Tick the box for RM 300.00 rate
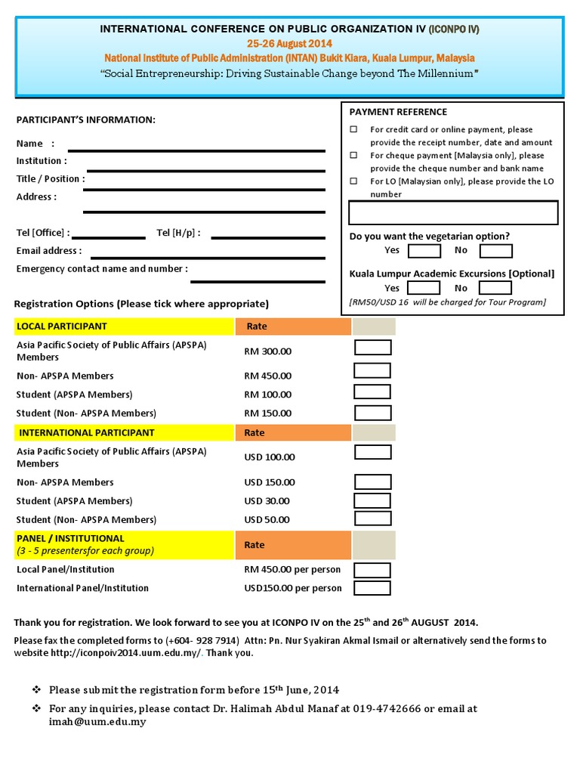coord(373,348)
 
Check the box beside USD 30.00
coord(372,500)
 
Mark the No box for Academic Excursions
coord(495,288)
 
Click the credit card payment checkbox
coord(353,130)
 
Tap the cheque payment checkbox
coord(353,156)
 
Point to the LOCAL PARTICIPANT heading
coord(63,327)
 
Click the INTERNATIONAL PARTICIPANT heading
coord(86,433)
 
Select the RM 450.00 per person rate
coord(292,569)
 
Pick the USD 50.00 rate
coord(267,520)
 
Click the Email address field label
coord(49,251)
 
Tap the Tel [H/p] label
coord(178,233)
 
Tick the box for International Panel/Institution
coord(372,588)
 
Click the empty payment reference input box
coord(453,213)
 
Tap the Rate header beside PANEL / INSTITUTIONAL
coord(255,545)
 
